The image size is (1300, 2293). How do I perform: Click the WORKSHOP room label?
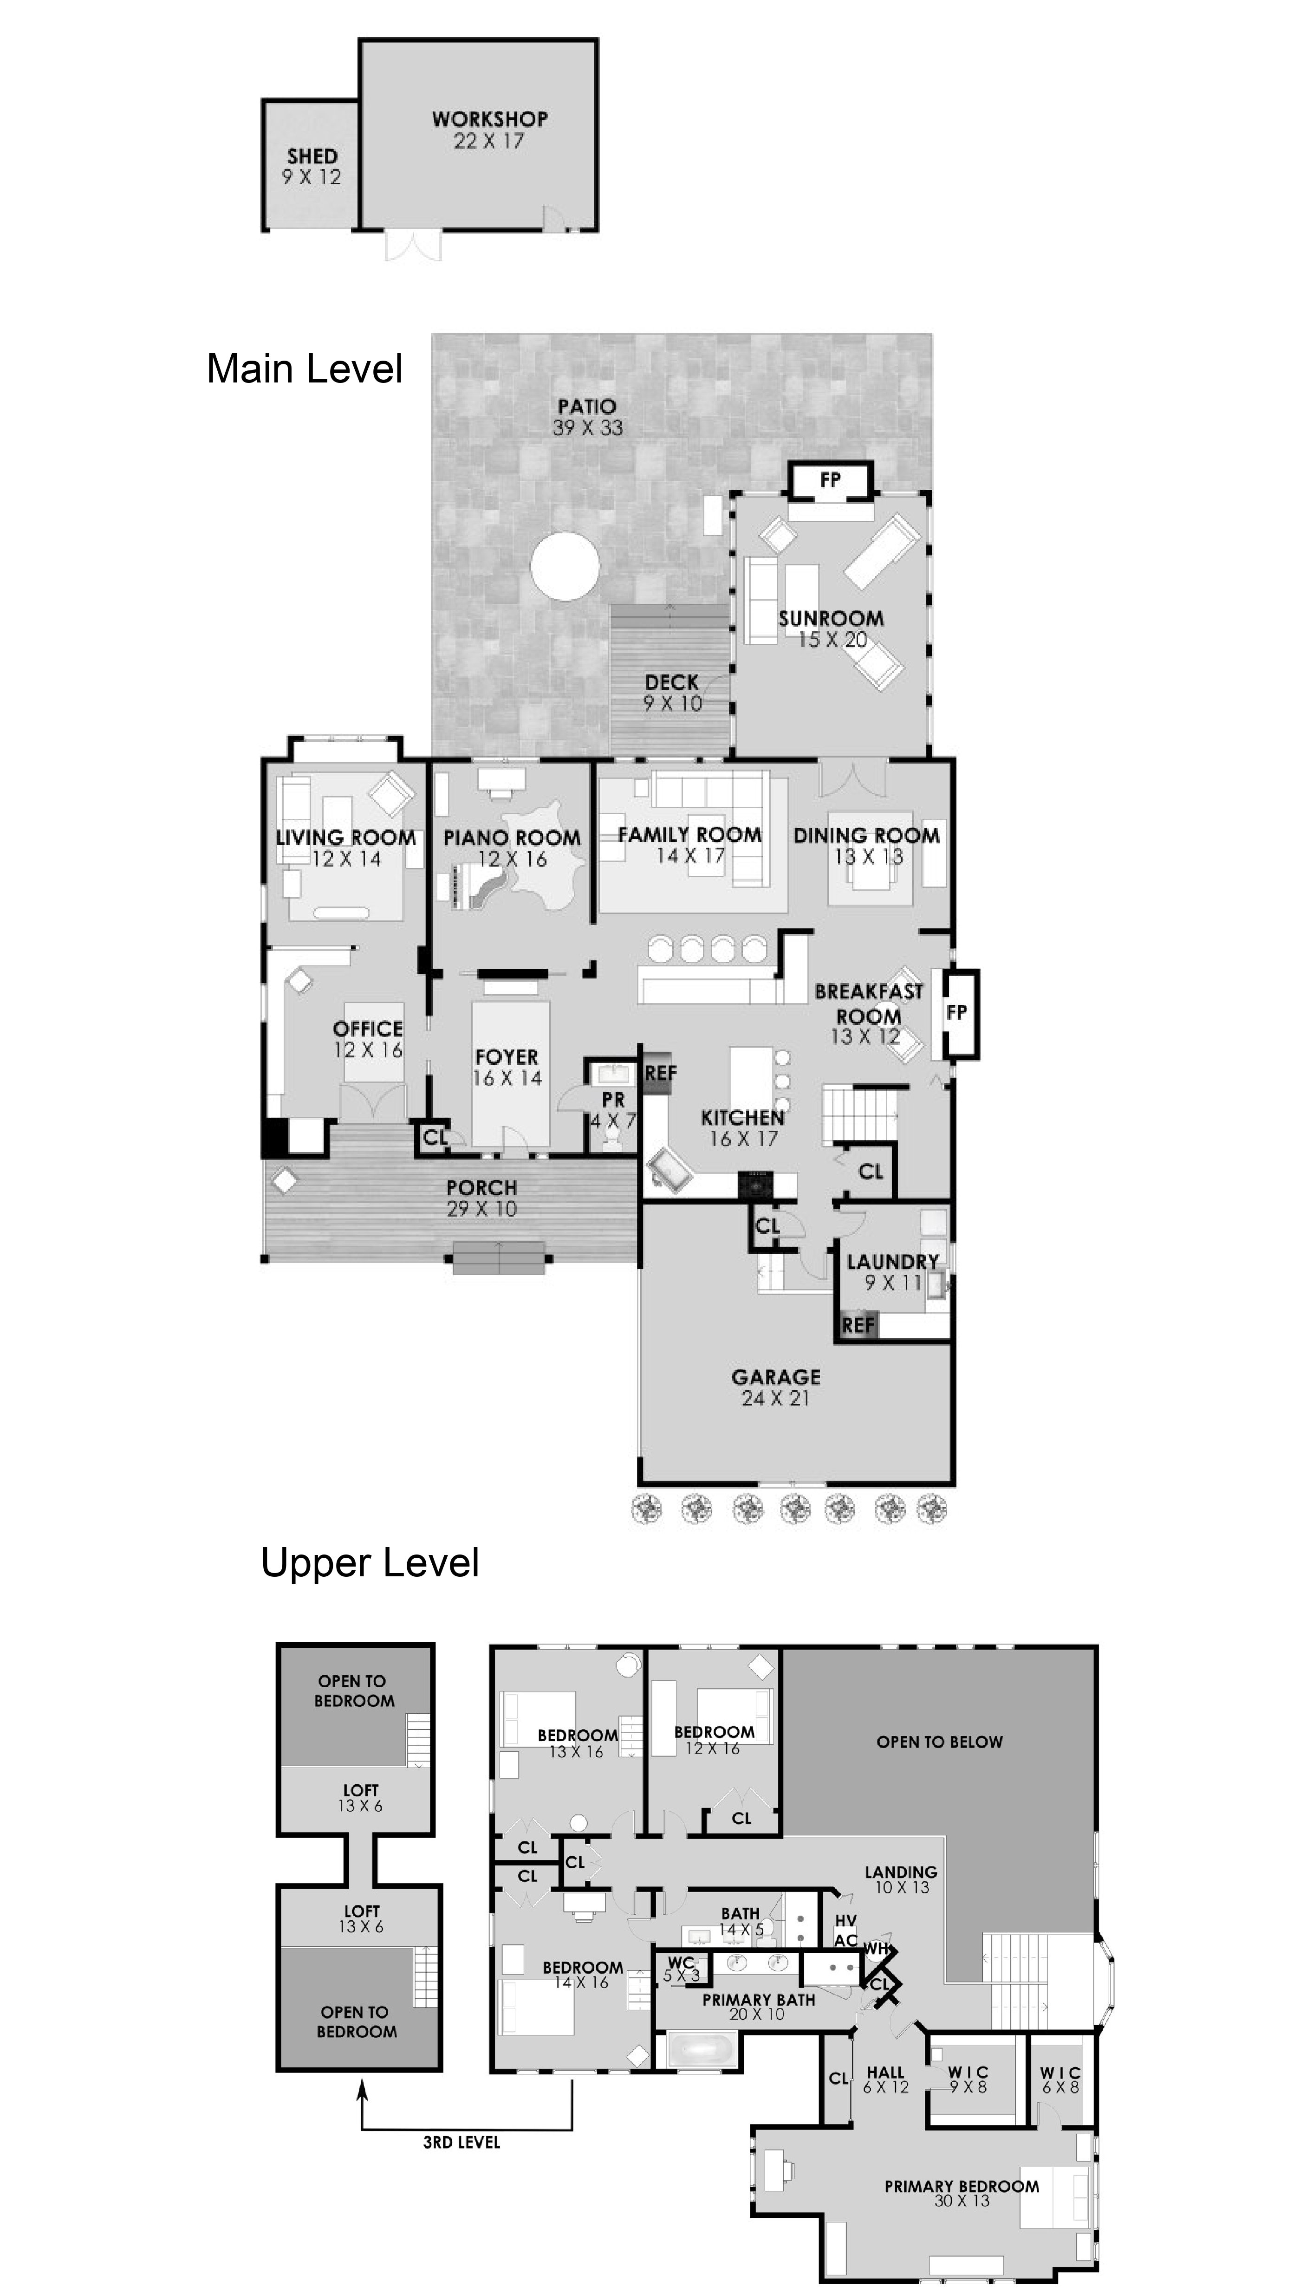tap(489, 119)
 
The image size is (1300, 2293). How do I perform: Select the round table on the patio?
tap(564, 566)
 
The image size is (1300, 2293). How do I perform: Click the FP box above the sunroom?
tap(830, 480)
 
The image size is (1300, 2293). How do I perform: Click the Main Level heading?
tap(305, 369)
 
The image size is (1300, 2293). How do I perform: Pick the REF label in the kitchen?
tap(661, 1073)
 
